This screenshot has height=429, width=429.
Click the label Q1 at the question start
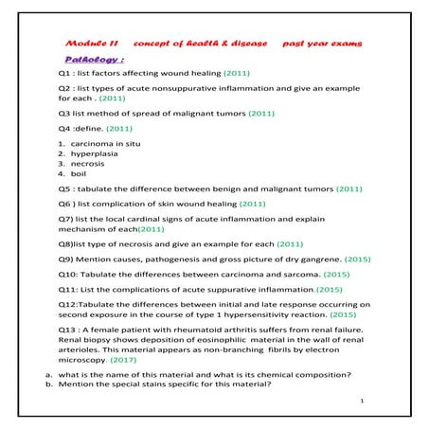64,72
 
